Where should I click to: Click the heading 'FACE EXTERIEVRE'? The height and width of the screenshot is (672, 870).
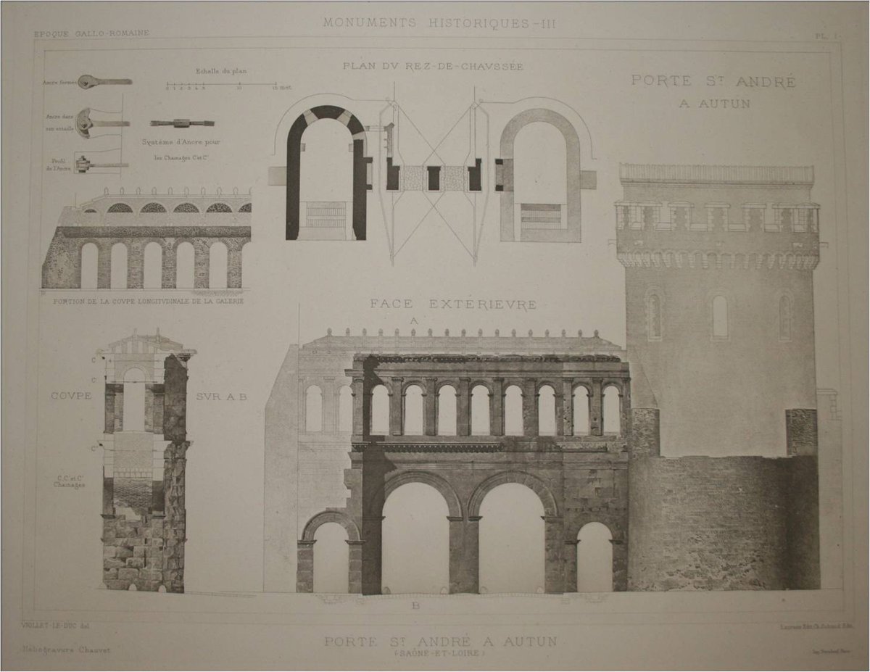[454, 304]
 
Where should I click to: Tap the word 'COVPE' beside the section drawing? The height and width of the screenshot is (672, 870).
[71, 397]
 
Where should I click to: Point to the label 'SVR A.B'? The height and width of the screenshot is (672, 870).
[221, 397]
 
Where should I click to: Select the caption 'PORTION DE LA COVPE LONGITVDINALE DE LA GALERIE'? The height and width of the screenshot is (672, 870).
[144, 299]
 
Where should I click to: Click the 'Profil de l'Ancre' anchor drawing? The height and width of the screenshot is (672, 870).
[101, 165]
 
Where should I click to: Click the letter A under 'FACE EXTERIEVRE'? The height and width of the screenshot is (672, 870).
[415, 320]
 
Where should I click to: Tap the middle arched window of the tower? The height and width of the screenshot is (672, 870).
[719, 316]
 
